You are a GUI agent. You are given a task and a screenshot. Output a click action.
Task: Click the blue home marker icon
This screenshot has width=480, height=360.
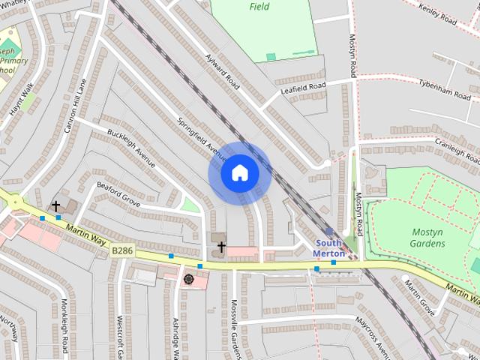tap(239, 173)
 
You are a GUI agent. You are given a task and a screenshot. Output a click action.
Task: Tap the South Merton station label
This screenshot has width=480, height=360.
tap(329, 248)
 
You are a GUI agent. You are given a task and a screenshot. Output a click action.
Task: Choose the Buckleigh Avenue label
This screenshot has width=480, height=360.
tap(130, 147)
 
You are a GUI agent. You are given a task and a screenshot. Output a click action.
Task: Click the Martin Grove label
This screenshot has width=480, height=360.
tap(419, 294)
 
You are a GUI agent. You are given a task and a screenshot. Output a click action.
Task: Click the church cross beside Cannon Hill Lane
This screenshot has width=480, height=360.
tap(55, 205)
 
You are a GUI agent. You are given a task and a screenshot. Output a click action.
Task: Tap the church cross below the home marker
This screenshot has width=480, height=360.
tap(221, 245)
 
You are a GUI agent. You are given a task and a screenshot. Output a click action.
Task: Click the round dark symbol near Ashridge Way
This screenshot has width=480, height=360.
tap(187, 279)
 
